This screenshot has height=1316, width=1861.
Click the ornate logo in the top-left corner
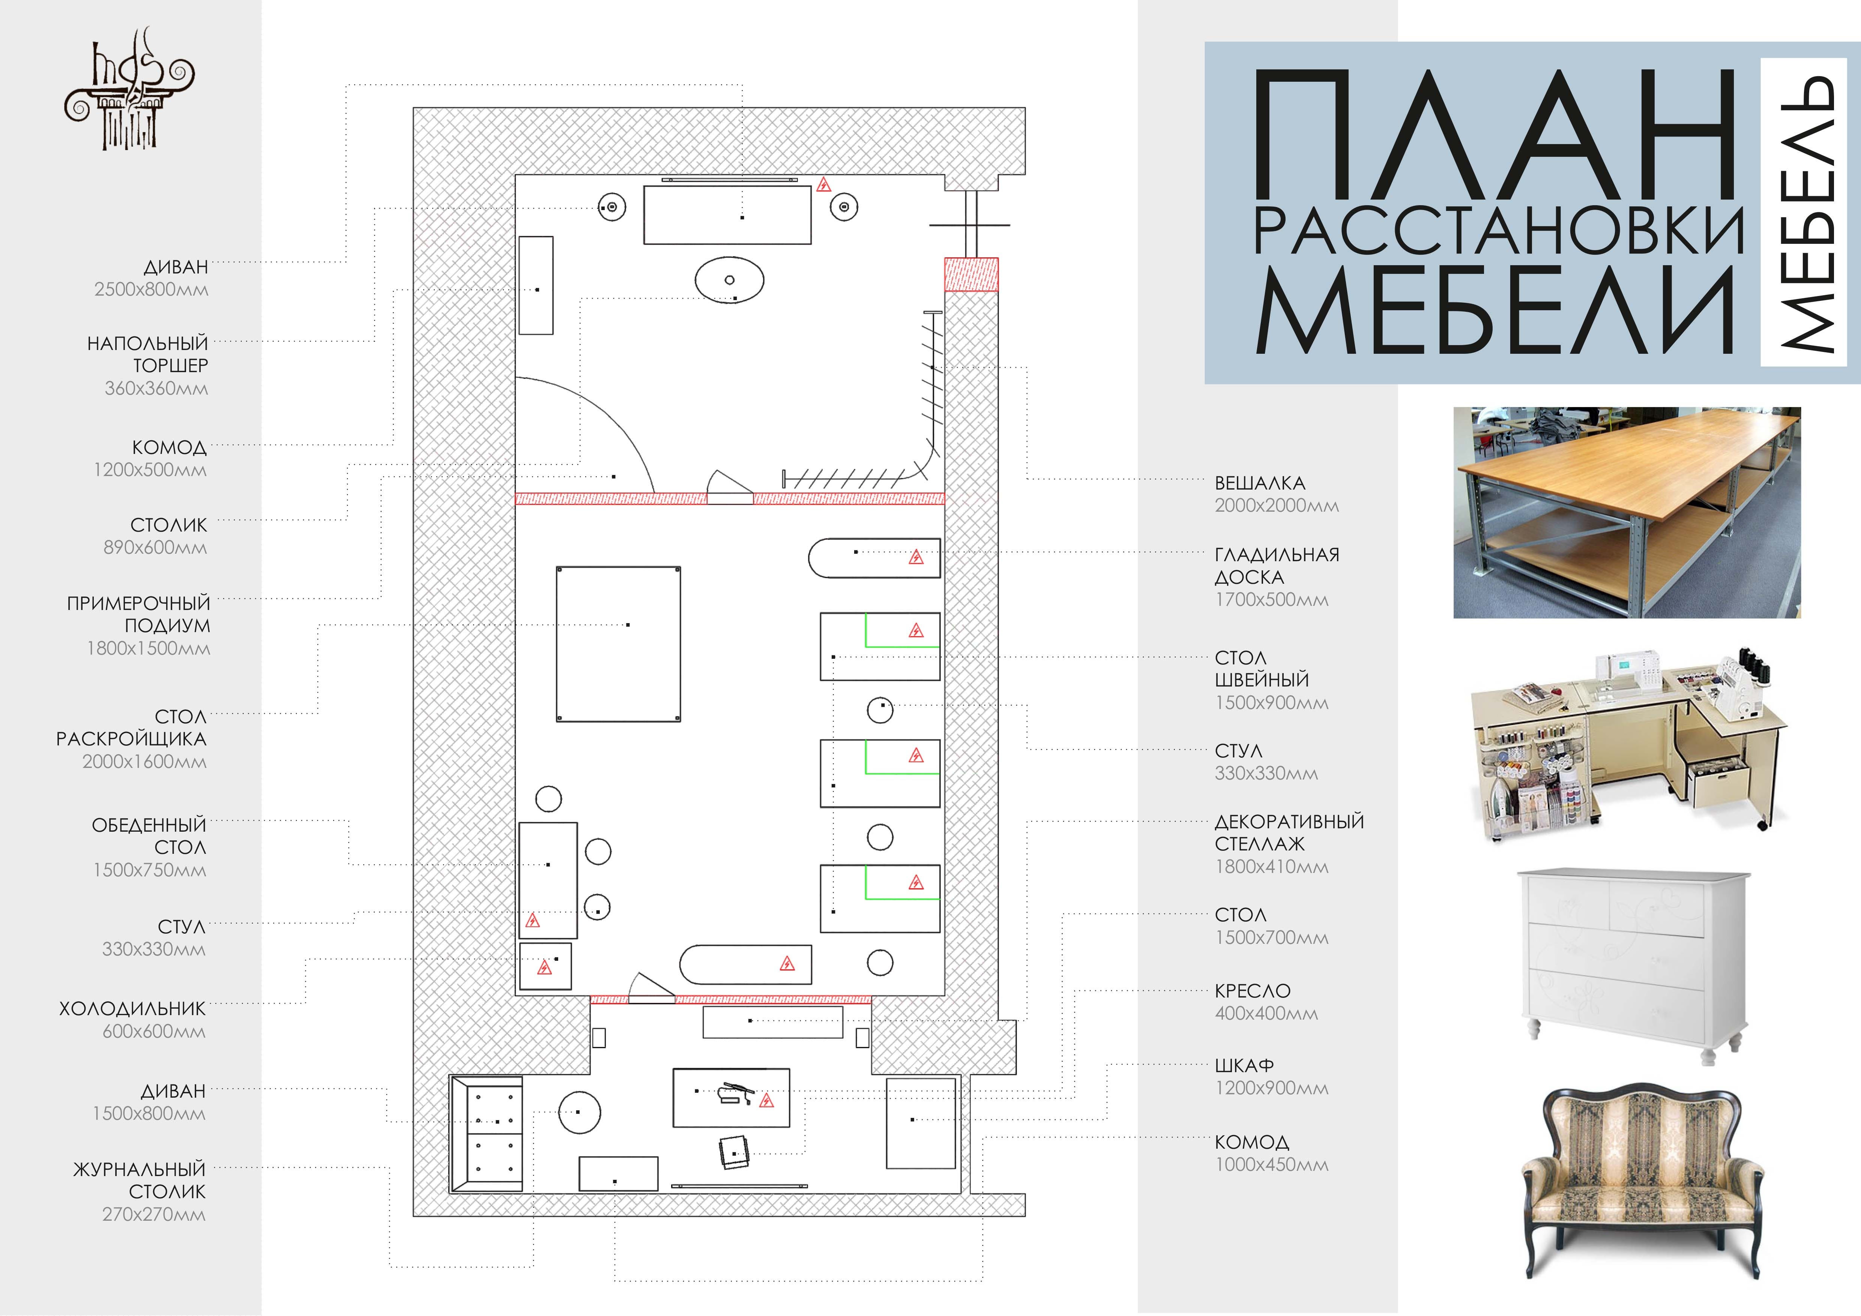click(130, 89)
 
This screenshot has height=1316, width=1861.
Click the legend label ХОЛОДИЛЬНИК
click(132, 1009)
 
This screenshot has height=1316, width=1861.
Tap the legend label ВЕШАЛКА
click(1260, 483)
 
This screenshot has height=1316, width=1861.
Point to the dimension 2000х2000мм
click(1277, 506)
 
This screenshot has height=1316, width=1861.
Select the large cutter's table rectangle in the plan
click(619, 644)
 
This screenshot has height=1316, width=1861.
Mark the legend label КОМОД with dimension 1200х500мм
click(170, 447)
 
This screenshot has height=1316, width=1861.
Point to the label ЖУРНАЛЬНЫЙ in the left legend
click(140, 1169)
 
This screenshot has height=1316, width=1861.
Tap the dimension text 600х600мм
click(154, 1032)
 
